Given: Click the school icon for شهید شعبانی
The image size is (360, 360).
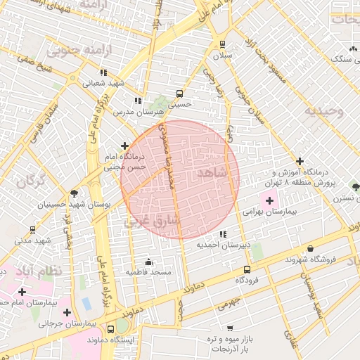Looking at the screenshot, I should click(x=104, y=72).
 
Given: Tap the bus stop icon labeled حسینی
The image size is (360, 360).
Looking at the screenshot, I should click(x=180, y=93).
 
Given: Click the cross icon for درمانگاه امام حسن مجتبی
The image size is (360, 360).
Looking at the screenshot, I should click(x=125, y=146).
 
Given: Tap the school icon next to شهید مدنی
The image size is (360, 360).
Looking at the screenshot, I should click(x=33, y=229).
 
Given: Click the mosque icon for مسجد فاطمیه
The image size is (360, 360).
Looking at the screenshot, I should click(x=147, y=262).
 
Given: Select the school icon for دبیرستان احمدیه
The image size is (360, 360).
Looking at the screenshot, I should click(x=223, y=234).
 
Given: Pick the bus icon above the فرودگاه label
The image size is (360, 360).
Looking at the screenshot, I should click(x=247, y=269).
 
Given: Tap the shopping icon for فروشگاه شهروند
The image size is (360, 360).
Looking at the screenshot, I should click(x=311, y=249).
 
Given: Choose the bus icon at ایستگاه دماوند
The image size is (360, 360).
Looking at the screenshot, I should click(x=110, y=328).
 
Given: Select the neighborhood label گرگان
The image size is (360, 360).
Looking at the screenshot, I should click(x=30, y=182).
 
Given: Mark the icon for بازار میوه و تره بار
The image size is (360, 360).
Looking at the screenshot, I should click(x=230, y=328).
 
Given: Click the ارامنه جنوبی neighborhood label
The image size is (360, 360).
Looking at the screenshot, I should click(x=70, y=51).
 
